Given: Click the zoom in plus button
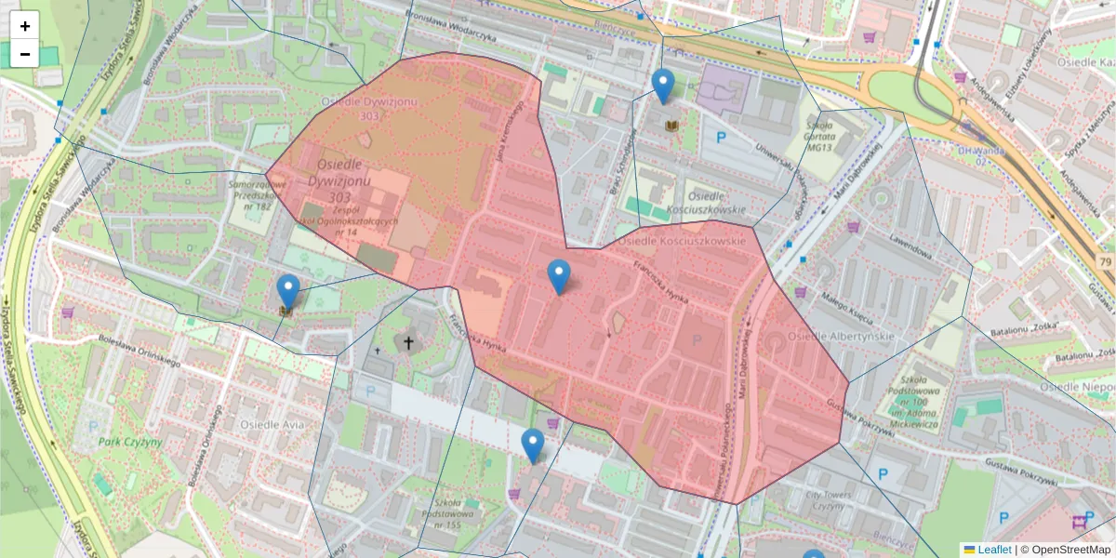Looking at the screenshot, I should (x=25, y=26).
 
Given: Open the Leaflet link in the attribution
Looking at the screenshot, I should (x=994, y=550).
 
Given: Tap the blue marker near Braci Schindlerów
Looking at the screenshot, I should (x=662, y=86).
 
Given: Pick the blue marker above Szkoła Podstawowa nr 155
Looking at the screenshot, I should (x=532, y=445).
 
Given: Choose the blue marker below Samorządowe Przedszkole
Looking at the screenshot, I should (x=288, y=291).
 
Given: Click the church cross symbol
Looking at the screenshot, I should (x=405, y=343).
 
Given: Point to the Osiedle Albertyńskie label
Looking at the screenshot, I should (x=840, y=336).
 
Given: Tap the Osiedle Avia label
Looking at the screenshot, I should (x=272, y=424).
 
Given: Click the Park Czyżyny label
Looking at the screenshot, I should (x=129, y=442).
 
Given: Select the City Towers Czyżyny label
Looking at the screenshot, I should (x=829, y=501).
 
